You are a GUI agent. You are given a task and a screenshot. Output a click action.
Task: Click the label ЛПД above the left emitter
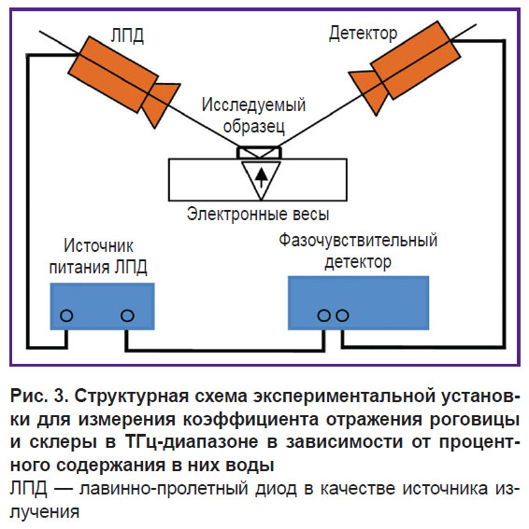tap(127, 35)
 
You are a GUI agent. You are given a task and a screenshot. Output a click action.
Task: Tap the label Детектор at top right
tap(363, 34)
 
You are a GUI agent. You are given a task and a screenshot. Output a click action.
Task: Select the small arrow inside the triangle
tap(261, 177)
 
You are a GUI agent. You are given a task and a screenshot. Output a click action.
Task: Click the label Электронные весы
tap(258, 214)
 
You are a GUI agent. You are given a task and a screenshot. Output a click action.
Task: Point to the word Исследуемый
tap(253, 104)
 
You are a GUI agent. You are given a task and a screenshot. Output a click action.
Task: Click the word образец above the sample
tap(254, 127)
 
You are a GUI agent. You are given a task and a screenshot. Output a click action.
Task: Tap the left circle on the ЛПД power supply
tap(66, 315)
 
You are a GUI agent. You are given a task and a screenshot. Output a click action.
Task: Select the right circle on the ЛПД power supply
tap(127, 315)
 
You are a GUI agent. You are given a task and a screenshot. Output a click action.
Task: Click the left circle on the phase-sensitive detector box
tap(323, 315)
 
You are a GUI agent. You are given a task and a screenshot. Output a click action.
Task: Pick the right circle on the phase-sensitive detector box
tap(342, 315)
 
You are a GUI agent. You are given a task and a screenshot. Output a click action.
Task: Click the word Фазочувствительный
tap(358, 241)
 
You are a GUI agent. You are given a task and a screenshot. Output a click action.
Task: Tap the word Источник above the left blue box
tap(98, 245)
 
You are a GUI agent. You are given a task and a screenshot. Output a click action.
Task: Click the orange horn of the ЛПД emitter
tap(161, 103)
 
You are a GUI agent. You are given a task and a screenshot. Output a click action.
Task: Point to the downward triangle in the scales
tap(261, 180)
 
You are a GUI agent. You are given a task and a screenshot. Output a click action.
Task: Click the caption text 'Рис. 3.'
tap(39, 396)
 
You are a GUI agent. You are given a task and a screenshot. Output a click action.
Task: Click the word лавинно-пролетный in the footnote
tap(164, 489)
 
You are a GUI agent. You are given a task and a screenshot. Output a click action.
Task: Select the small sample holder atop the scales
tap(259, 152)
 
